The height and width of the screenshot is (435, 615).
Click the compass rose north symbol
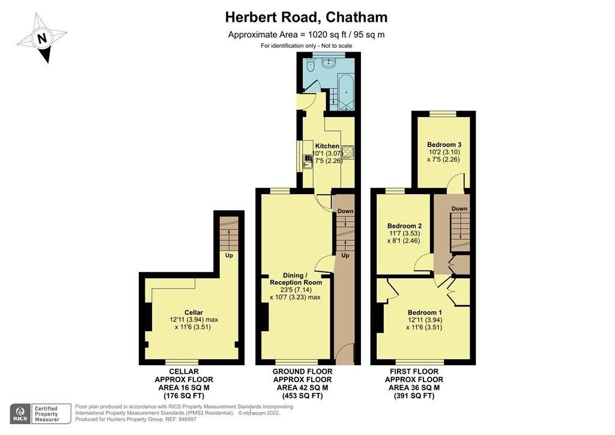41,39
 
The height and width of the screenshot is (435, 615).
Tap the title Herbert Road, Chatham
306,17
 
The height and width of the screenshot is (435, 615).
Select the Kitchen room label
327,146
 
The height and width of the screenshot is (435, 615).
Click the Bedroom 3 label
444,145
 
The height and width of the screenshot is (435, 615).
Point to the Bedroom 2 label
403,226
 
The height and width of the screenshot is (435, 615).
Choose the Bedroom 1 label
425,312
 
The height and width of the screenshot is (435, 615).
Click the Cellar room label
193,312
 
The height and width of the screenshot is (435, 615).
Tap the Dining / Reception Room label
295,279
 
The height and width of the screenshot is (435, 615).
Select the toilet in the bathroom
310,65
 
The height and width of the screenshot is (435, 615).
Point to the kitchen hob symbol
348,151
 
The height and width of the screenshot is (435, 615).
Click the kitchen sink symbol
307,159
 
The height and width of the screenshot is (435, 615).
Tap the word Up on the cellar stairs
229,255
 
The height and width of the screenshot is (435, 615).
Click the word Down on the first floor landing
459,208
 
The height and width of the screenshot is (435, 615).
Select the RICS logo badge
20,413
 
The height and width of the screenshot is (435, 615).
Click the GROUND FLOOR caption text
303,372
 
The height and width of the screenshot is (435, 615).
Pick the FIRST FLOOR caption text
414,372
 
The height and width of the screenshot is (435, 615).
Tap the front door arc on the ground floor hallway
344,354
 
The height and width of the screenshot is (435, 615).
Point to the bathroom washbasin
329,61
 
